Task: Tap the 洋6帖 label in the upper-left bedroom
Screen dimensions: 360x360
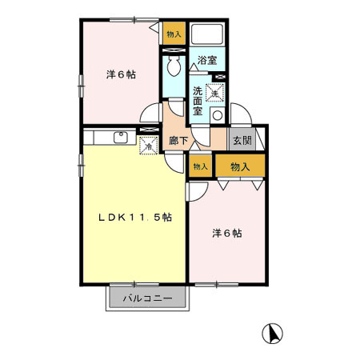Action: point(121,74)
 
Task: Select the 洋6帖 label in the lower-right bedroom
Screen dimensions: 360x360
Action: point(226,234)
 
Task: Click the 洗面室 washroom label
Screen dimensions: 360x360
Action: point(198,101)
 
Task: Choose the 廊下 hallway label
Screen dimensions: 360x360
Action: point(178,142)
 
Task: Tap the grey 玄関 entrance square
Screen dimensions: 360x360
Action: point(242,140)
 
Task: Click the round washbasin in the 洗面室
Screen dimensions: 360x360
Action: point(217,115)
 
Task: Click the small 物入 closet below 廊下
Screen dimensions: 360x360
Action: point(199,166)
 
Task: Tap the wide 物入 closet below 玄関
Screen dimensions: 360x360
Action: point(238,166)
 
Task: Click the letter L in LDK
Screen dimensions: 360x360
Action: point(102,217)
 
